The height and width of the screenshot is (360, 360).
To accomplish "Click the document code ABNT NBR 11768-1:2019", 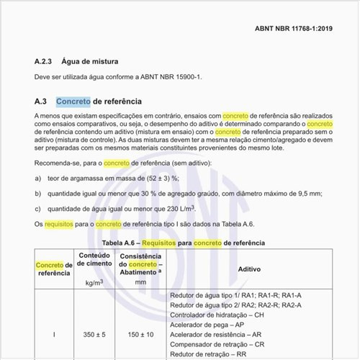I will point(293,29).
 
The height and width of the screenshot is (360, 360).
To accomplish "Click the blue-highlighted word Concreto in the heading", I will point(73,101).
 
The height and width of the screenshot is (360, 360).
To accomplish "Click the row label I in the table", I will point(54,335).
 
